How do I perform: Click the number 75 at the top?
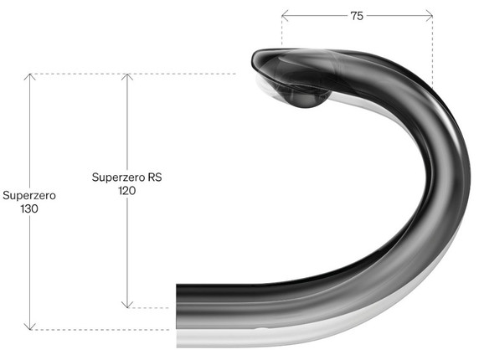click(x=357, y=15)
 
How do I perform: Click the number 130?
click(x=28, y=208)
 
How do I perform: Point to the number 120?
click(x=126, y=191)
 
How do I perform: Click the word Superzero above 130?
click(x=28, y=195)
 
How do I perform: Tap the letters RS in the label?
click(x=154, y=177)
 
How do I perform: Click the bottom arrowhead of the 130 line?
click(x=29, y=327)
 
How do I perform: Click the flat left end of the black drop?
click(x=178, y=305)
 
